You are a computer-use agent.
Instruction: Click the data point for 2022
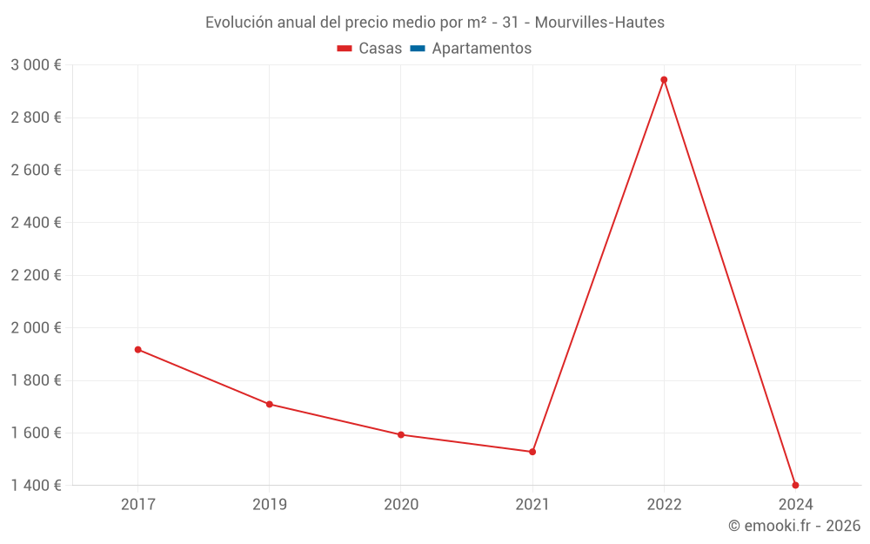click(x=664, y=80)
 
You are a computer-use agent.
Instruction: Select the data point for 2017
click(x=137, y=350)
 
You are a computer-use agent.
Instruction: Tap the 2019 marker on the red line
click(x=269, y=404)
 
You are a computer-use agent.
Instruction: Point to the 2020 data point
click(x=400, y=434)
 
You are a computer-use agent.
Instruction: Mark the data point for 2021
click(x=532, y=452)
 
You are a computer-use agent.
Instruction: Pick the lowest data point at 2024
click(x=795, y=485)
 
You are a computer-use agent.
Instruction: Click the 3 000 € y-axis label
click(x=36, y=65)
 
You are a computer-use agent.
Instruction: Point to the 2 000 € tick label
click(x=36, y=328)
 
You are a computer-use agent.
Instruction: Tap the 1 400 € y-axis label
click(x=36, y=486)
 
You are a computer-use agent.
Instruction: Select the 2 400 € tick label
click(x=36, y=223)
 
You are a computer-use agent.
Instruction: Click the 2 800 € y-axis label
click(x=36, y=118)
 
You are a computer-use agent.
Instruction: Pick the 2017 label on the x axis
click(x=137, y=505)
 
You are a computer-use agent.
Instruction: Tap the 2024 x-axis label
click(x=795, y=505)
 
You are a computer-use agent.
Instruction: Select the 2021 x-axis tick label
click(x=532, y=505)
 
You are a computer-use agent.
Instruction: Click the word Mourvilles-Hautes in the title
click(x=599, y=23)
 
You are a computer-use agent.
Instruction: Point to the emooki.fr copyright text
click(x=793, y=526)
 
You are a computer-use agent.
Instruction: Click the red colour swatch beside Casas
click(x=345, y=49)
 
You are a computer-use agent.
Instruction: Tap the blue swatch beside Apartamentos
click(x=418, y=49)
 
